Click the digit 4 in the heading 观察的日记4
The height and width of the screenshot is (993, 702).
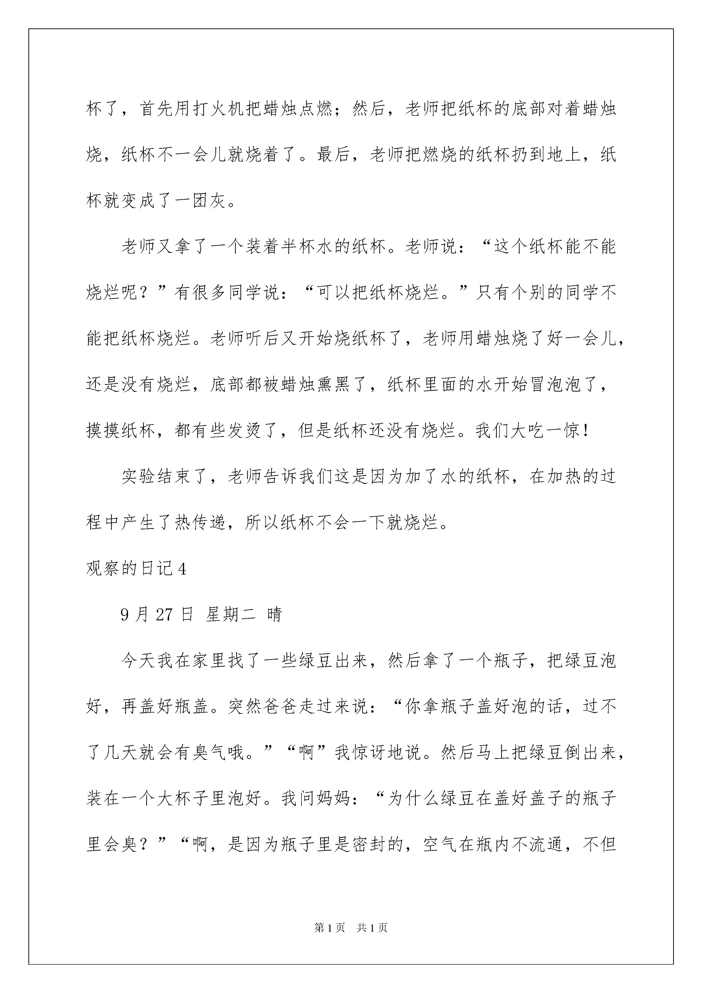pos(182,569)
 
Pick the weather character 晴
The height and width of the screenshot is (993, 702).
pos(274,615)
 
